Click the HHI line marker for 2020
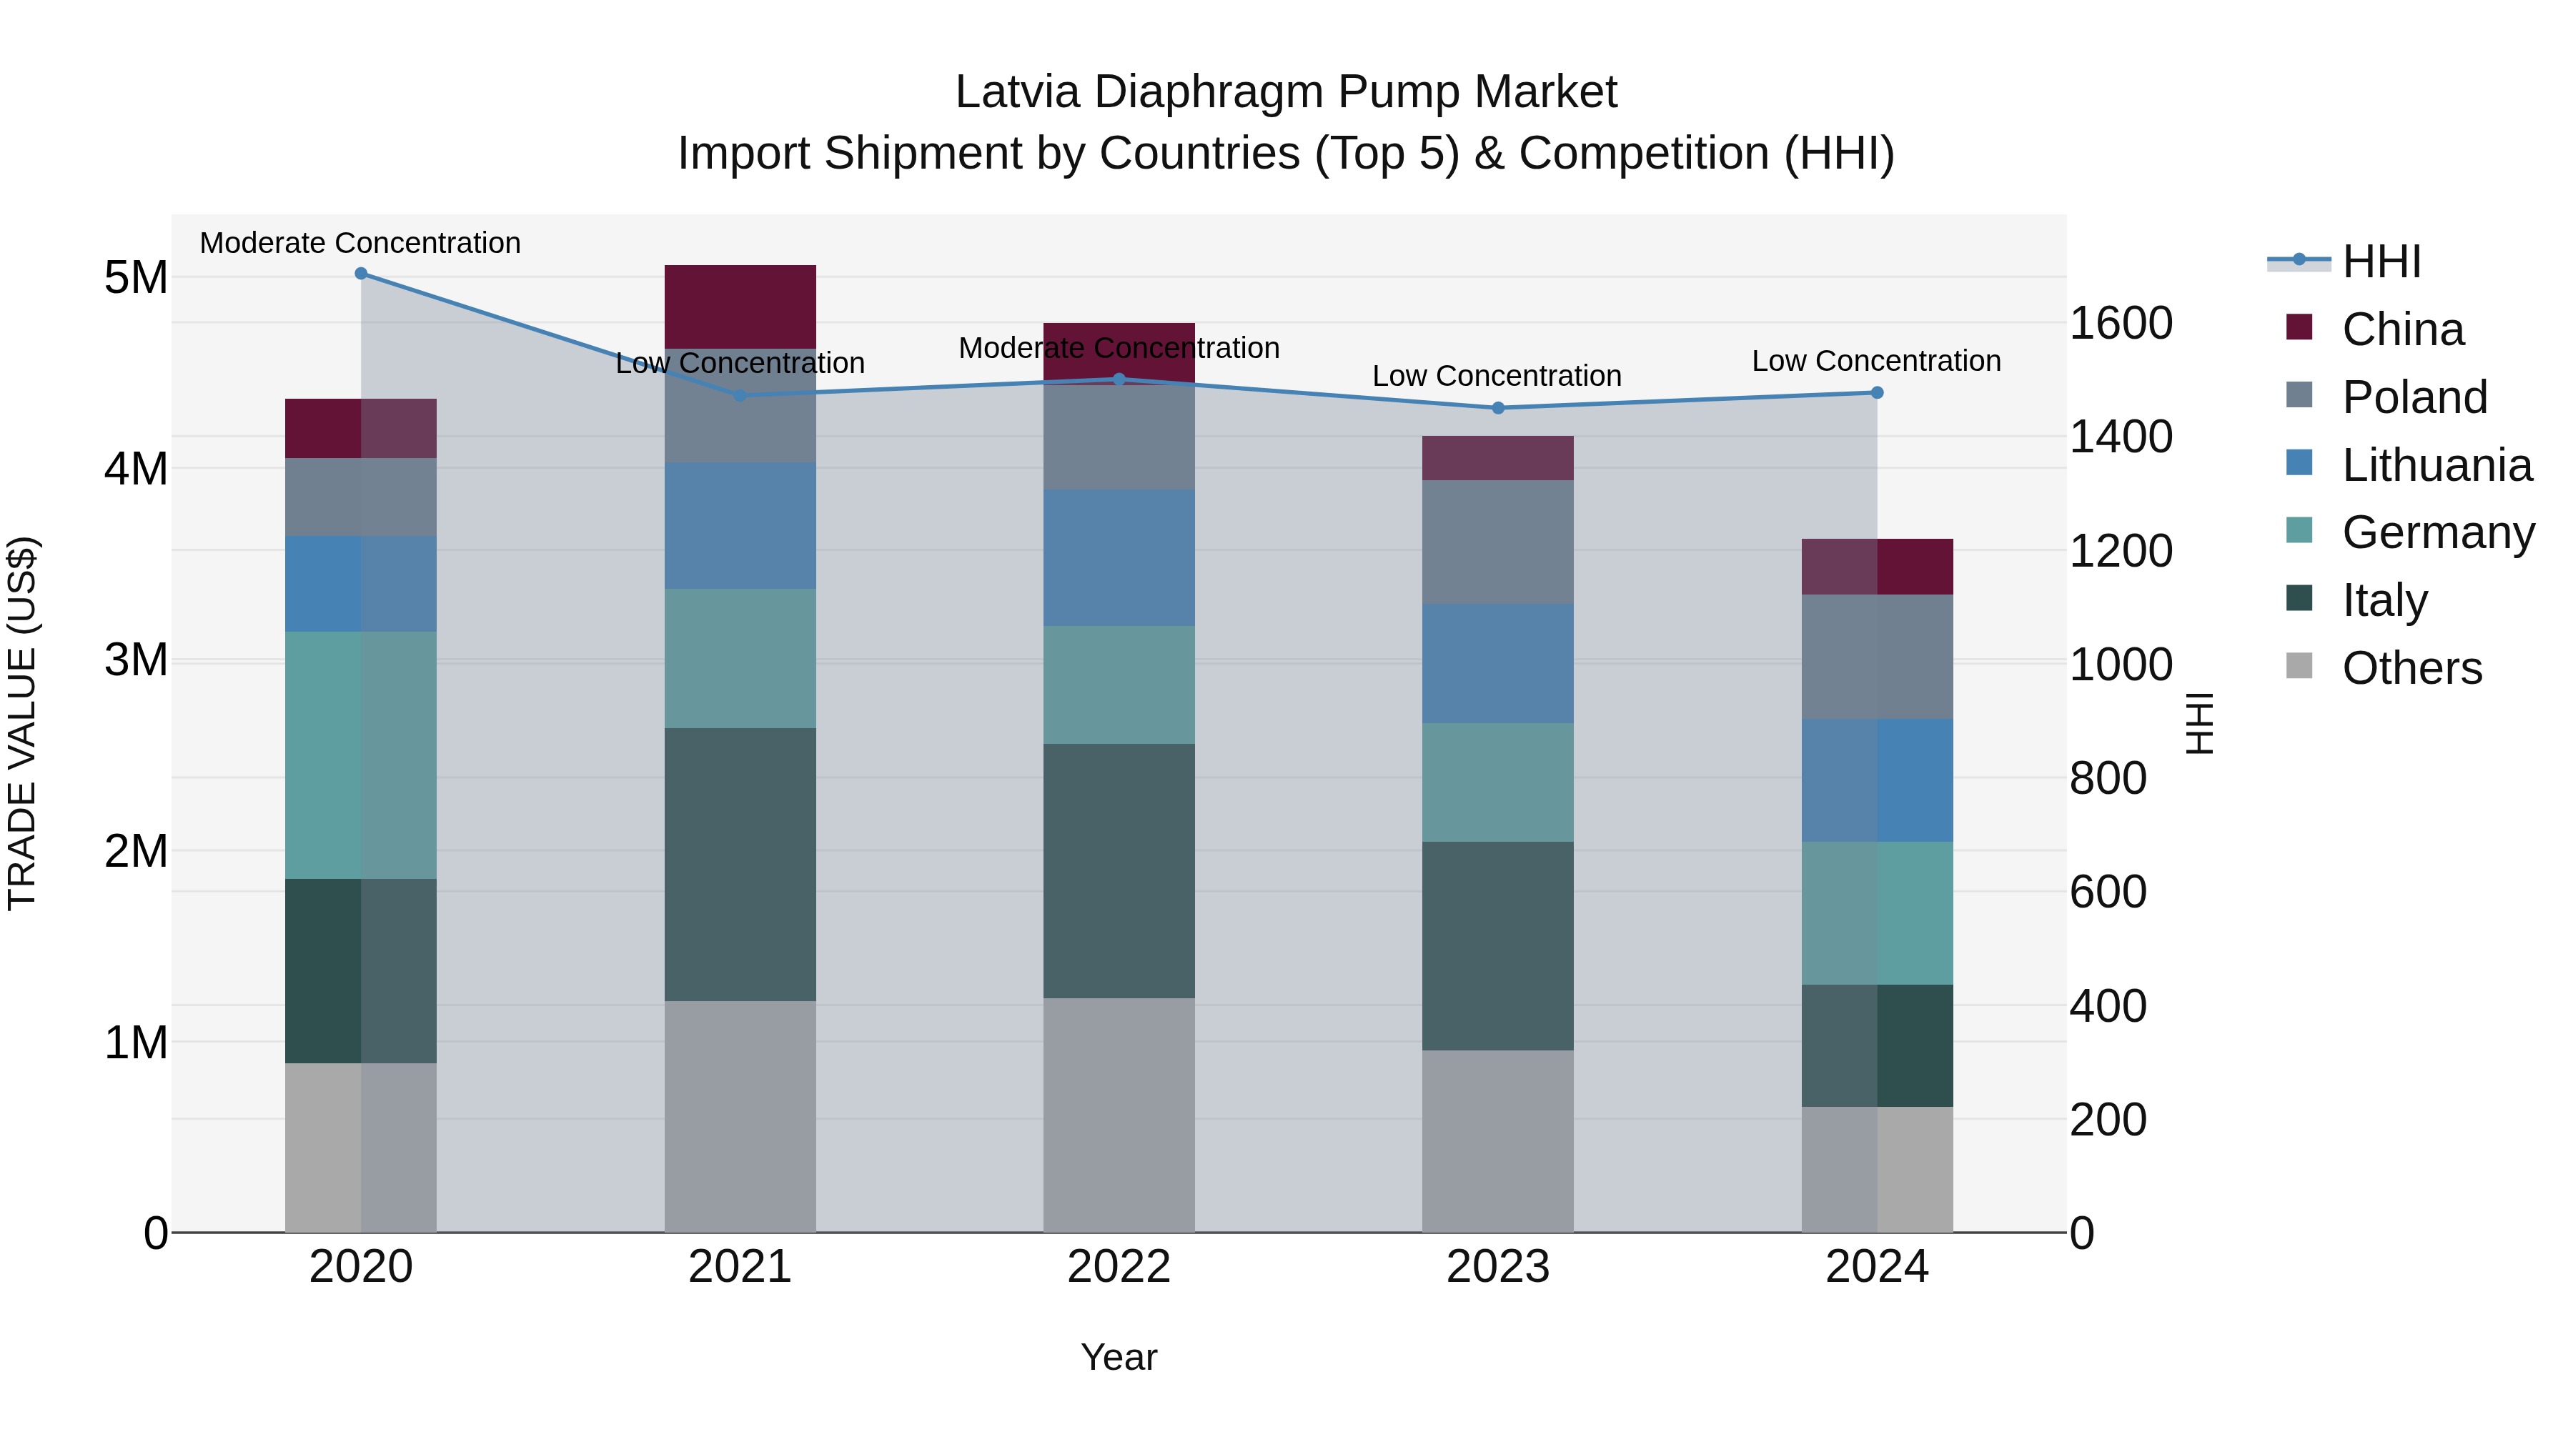361,274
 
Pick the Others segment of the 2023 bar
1497,1140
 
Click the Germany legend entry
2437,532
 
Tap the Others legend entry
2411,668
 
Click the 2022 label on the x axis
1119,1267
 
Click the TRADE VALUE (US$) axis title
22,723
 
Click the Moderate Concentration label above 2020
361,243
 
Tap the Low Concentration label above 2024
1876,361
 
